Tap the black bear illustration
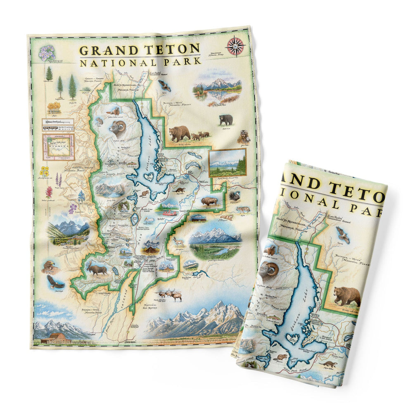pos(225,120)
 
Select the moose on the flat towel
pos(97,269)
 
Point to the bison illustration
pos(209,202)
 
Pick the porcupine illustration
pos(235,197)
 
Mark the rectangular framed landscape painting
pos(227,163)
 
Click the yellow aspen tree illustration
pos(54,108)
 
